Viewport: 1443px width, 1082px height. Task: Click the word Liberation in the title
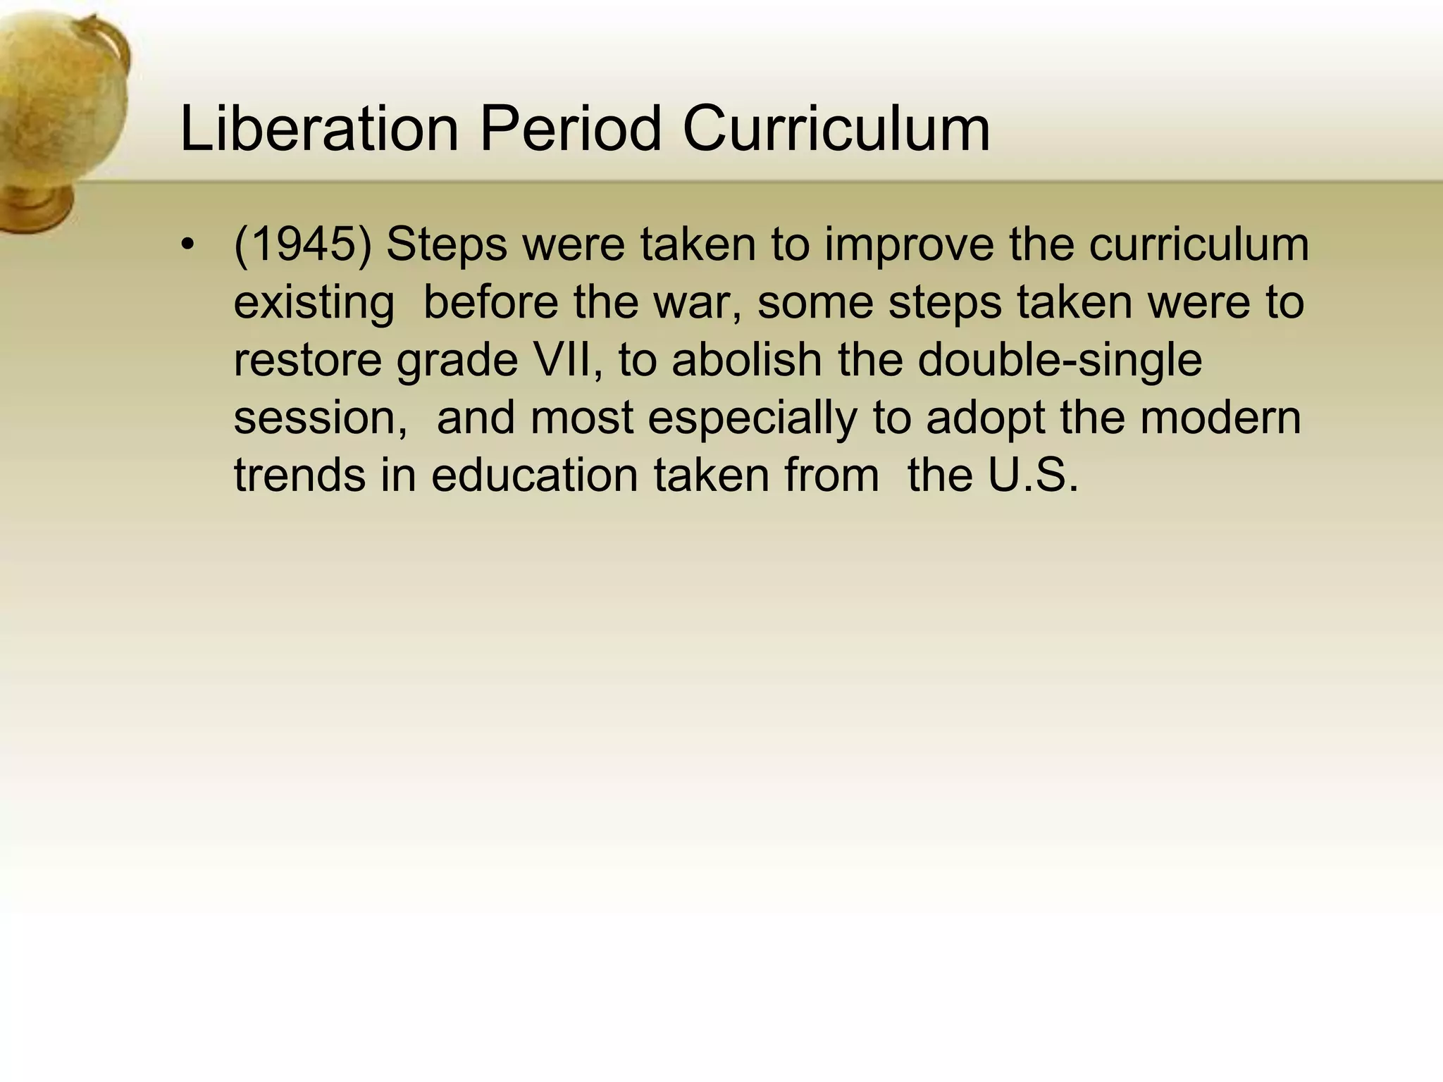coord(319,128)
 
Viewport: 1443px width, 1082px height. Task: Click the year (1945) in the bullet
coord(302,244)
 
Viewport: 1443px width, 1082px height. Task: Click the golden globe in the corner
coord(60,99)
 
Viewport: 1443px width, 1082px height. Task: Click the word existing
coord(314,303)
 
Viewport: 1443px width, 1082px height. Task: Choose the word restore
coord(307,360)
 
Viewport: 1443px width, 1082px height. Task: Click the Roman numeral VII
coord(564,360)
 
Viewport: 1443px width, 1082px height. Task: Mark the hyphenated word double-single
coord(1060,360)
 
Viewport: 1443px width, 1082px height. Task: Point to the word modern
coord(1220,418)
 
